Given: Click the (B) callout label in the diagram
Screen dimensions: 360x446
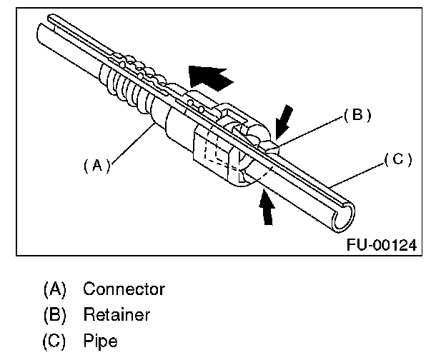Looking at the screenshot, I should click(x=357, y=115).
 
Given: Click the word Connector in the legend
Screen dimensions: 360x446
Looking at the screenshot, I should click(x=124, y=289).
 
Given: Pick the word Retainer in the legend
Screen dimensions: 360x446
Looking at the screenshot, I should click(x=117, y=314).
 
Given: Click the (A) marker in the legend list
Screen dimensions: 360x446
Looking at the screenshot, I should click(x=55, y=289).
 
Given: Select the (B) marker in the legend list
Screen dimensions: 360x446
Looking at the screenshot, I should click(x=55, y=314).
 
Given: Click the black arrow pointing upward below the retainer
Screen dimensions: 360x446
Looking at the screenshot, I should click(x=267, y=209).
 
